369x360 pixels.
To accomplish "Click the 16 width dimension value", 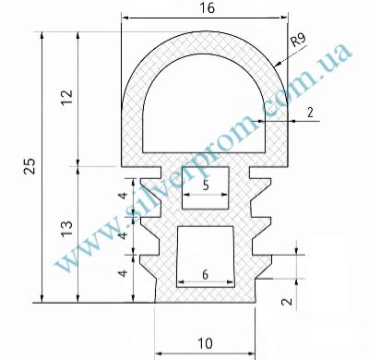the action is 207,8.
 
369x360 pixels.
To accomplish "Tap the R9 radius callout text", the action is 298,40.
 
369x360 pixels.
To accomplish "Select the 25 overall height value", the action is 30,166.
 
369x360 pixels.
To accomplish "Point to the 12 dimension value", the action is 66,97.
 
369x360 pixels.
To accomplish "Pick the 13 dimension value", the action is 66,229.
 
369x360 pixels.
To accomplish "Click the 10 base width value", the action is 205,343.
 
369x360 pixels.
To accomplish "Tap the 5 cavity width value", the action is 206,186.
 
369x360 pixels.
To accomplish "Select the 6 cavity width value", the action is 205,274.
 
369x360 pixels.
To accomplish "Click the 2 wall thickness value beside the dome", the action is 310,113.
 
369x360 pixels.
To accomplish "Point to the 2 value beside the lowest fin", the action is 288,301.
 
